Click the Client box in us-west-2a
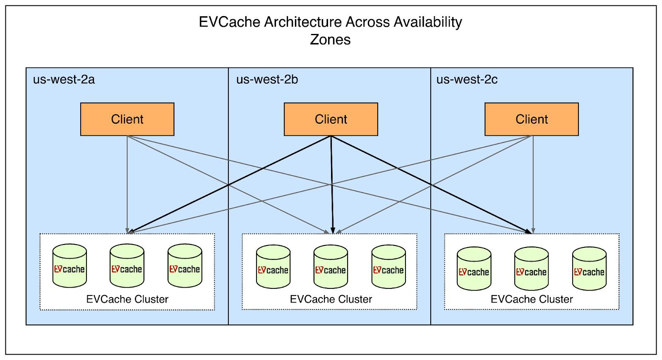[127, 119]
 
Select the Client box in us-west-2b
[331, 119]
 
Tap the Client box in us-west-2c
[531, 119]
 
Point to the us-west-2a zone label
[64, 79]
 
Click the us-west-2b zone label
[267, 79]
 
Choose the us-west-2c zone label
[467, 79]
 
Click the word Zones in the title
[330, 40]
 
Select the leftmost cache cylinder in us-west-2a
[70, 266]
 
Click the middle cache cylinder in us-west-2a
[127, 266]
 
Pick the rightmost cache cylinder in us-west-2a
[185, 266]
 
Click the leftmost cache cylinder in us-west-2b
[273, 267]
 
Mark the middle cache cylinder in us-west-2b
[331, 267]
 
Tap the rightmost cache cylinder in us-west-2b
[389, 267]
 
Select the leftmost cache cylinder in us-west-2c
[474, 269]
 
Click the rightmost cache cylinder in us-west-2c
[589, 269]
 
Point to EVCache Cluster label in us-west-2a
[127, 299]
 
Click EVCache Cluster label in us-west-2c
[532, 299]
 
